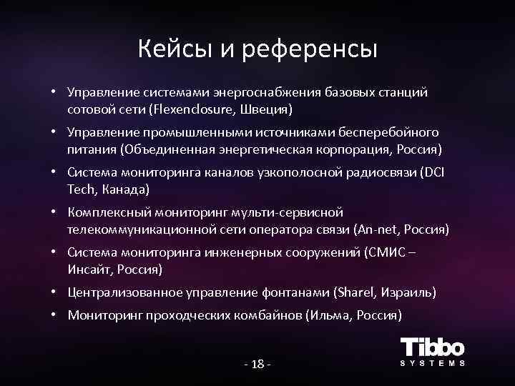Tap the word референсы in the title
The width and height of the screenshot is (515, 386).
pyautogui.click(x=310, y=50)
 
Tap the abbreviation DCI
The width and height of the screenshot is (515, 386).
pyautogui.click(x=433, y=172)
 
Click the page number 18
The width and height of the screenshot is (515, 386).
pyautogui.click(x=257, y=365)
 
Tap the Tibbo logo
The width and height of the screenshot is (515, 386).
pyautogui.click(x=432, y=351)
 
